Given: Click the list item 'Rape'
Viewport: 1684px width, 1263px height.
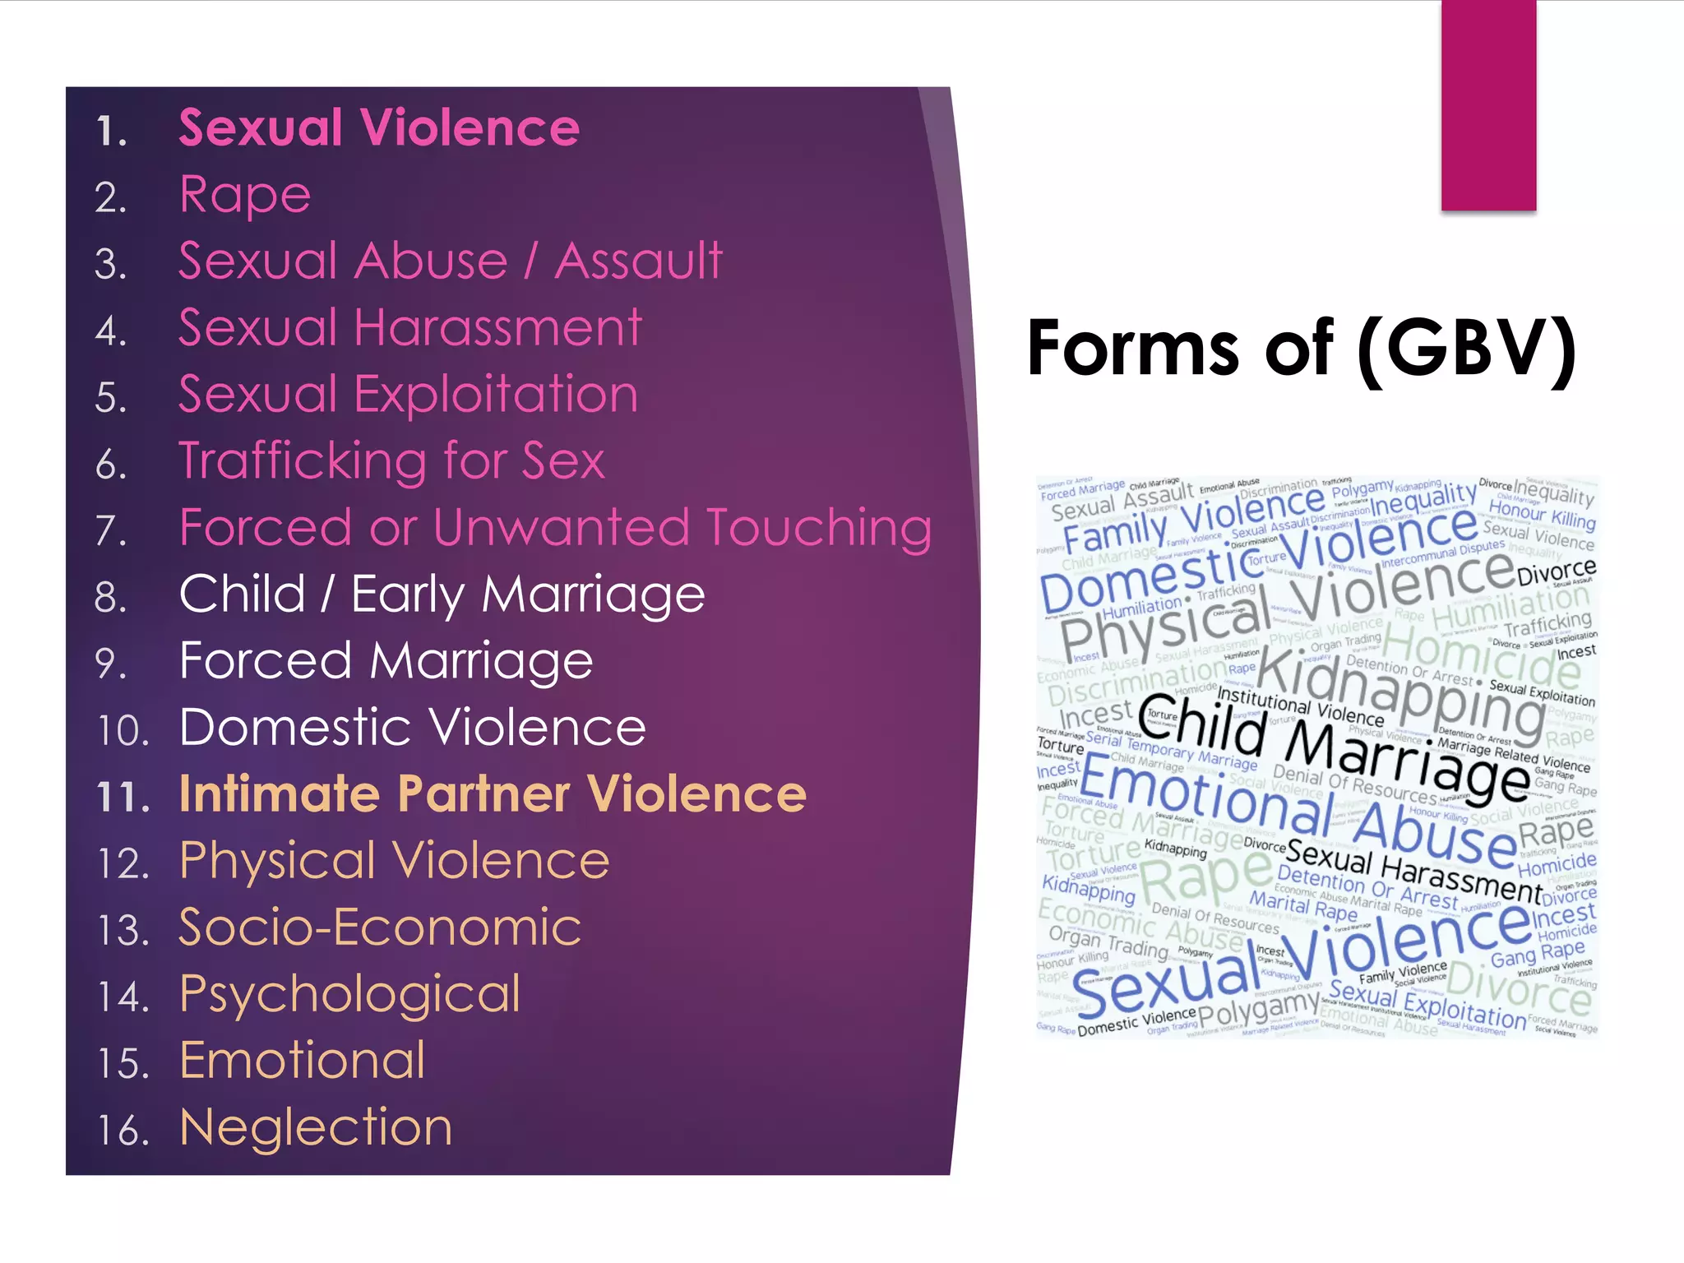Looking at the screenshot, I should (x=245, y=196).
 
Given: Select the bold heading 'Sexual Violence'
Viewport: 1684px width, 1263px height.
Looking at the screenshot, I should (x=379, y=128).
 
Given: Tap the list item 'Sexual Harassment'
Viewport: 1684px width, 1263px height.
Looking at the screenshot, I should (x=409, y=328).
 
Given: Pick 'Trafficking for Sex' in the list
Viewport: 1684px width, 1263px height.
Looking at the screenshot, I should (x=391, y=461).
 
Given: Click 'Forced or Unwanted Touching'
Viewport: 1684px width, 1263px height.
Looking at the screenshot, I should (x=555, y=528).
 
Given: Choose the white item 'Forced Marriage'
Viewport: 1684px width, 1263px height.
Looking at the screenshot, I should (x=386, y=661).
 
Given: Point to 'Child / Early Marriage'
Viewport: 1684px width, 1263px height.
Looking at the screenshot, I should (x=442, y=594).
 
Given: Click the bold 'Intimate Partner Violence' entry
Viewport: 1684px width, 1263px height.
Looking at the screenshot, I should (x=493, y=794).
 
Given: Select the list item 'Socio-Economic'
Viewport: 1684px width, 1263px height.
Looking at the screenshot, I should (x=380, y=928).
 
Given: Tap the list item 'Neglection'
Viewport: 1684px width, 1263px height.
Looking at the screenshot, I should (x=316, y=1127).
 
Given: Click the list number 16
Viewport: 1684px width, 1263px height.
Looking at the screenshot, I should (x=123, y=1131).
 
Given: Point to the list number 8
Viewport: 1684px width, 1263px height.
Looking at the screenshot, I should (x=111, y=598).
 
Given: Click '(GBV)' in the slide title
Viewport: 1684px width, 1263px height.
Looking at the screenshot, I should (x=1466, y=349).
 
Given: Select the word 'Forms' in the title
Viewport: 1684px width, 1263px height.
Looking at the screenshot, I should (x=1134, y=349).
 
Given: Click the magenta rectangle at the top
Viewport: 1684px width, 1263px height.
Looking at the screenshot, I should (x=1488, y=105).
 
